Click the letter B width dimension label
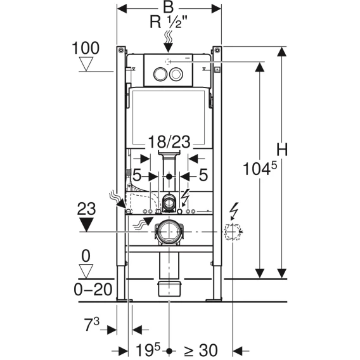point(169,8)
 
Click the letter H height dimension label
point(281,150)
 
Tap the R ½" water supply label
point(169,22)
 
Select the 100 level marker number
point(86,48)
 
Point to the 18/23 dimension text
point(169,142)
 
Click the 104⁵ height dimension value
point(260,168)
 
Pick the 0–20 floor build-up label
point(93,289)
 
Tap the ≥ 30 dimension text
point(200,350)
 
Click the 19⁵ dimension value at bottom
point(148,350)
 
